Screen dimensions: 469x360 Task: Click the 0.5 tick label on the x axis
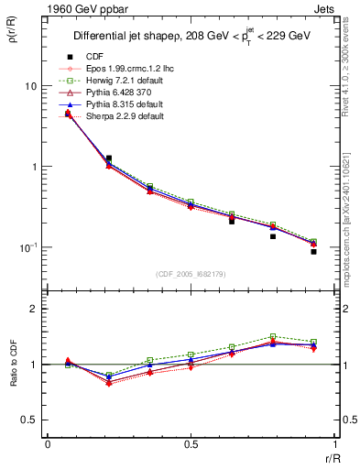click(x=191, y=445)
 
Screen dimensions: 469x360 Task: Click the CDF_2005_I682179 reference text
click(x=191, y=273)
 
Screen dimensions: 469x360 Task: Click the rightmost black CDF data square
click(x=313, y=251)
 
